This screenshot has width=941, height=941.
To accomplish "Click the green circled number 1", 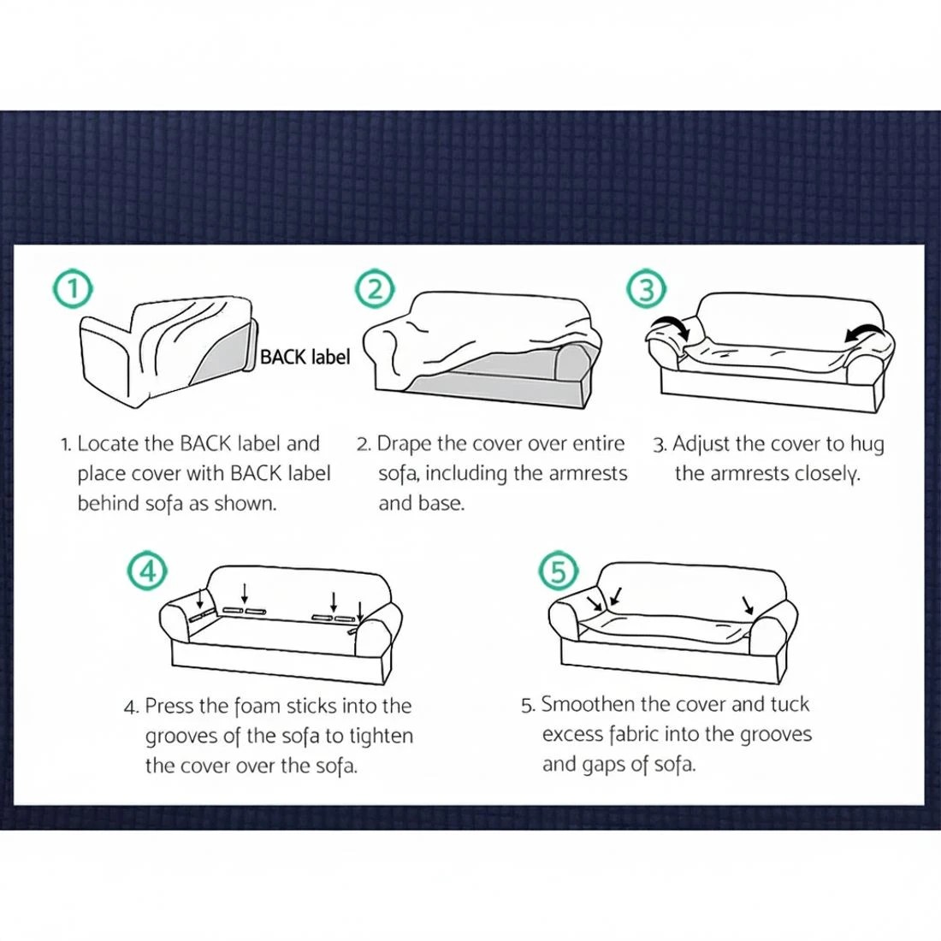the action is pos(73,289).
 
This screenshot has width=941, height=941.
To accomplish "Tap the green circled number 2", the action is pos(375,289).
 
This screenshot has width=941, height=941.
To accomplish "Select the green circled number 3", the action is pos(647,289).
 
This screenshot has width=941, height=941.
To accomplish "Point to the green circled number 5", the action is pos(559,571).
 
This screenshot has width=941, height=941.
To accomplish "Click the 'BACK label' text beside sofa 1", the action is pos(305,357).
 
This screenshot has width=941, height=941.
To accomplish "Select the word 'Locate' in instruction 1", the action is pos(108,443).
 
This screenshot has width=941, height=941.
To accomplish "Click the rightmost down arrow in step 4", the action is pos(359,611).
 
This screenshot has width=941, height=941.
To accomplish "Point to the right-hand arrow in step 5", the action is pos(748,605).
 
